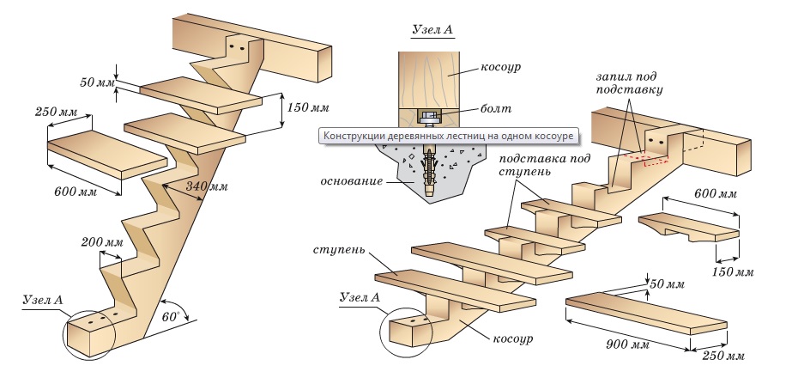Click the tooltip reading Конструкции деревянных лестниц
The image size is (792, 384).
click(446, 136)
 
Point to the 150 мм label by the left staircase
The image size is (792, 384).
click(306, 107)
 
